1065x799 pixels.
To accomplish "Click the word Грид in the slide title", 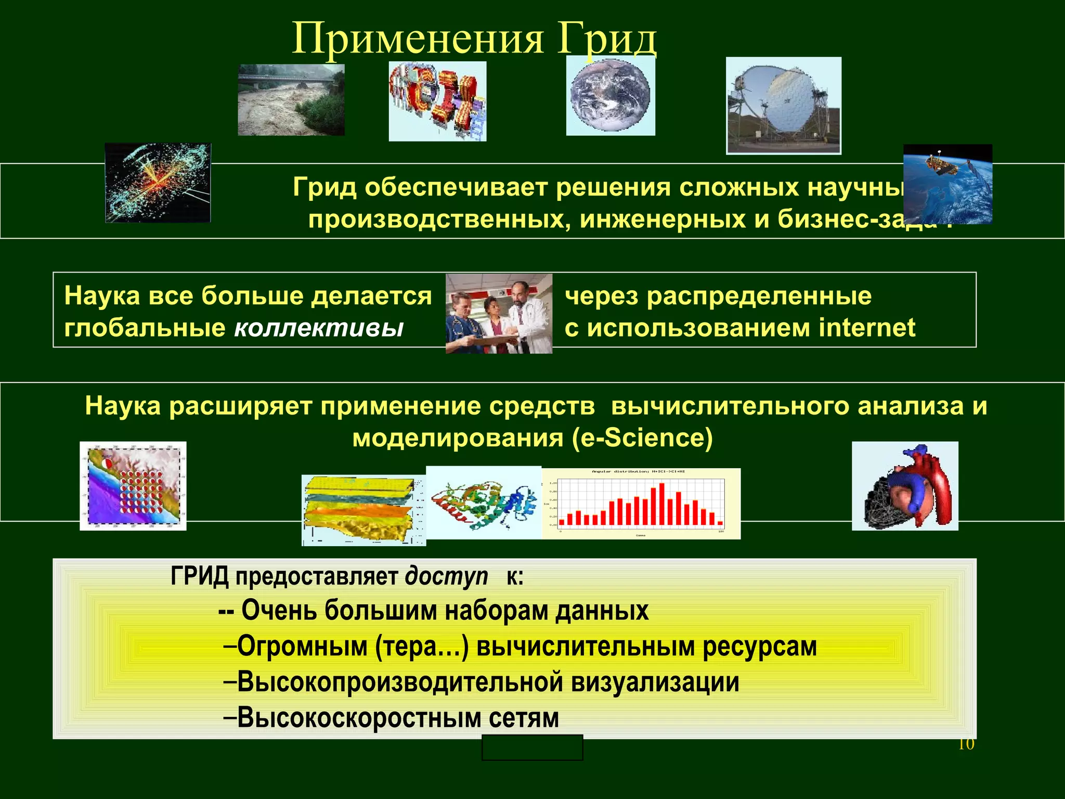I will pos(607,40).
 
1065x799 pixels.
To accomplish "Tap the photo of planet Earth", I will pos(610,96).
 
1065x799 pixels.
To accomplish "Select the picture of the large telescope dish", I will pos(783,106).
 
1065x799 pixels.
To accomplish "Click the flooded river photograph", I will pos(291,100).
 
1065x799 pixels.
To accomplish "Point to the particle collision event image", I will pos(158,183).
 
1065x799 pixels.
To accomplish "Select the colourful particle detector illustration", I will pos(437,101).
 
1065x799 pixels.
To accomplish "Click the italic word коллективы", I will pos(319,328).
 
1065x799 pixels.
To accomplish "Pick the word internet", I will pos(867,328).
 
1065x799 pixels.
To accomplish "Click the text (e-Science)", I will pos(642,438).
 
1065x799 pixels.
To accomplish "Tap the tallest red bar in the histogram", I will pos(662,504).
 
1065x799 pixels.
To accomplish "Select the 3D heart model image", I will pos(905,486).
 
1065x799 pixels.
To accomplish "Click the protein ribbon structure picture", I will pos(484,502).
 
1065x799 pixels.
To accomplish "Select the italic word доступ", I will pos(446,576).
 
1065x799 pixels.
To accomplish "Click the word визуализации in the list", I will pos(655,682).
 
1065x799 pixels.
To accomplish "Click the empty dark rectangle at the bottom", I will pos(532,748).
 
